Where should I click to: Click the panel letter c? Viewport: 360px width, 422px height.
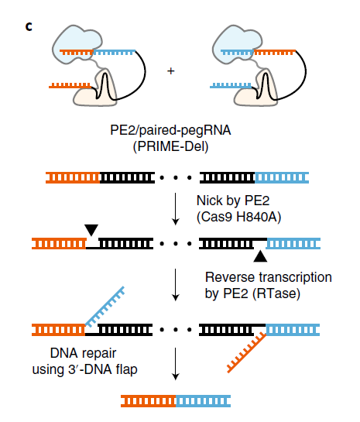click(x=29, y=26)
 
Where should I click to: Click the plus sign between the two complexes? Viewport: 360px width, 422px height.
click(x=171, y=71)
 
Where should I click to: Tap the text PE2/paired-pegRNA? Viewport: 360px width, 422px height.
click(x=170, y=130)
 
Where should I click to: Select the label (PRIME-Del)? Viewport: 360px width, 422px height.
click(x=171, y=146)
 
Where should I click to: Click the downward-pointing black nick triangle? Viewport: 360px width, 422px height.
click(x=91, y=230)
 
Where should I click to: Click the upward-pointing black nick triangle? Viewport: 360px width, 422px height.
click(x=260, y=256)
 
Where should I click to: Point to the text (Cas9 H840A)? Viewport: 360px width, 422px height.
click(x=239, y=217)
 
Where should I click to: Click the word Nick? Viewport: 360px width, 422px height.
click(x=210, y=201)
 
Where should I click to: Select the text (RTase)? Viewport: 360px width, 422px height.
click(x=276, y=293)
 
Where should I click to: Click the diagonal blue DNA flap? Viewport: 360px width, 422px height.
click(x=105, y=307)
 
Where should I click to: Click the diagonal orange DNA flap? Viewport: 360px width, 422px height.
click(x=247, y=353)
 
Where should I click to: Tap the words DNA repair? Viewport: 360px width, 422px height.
click(x=83, y=353)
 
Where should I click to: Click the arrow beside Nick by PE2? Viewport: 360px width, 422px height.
click(x=176, y=209)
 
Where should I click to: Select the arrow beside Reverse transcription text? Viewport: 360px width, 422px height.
click(x=176, y=285)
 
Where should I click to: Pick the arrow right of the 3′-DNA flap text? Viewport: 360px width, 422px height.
click(x=176, y=364)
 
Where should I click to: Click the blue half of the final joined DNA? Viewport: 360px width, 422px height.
click(x=204, y=401)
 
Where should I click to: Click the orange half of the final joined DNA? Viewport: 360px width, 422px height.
click(x=149, y=401)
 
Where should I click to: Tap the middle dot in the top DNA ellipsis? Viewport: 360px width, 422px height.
click(x=176, y=177)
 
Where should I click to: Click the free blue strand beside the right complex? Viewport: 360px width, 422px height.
click(x=231, y=86)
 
